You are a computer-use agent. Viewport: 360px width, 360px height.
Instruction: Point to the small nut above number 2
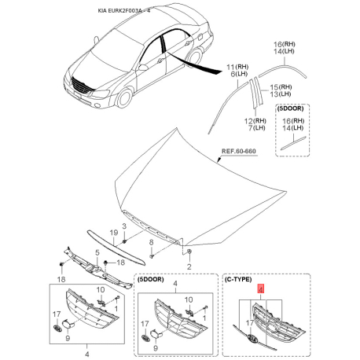[x=189, y=252]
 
